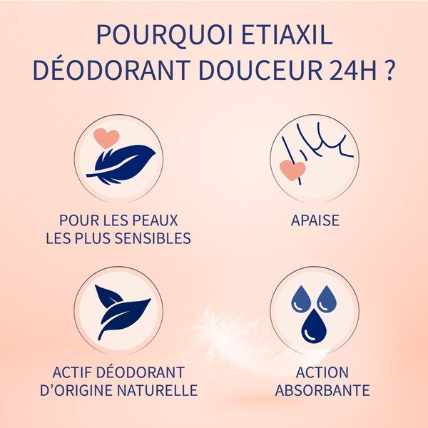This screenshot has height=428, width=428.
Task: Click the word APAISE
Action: point(315,220)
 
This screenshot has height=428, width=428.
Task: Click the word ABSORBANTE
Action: point(322,391)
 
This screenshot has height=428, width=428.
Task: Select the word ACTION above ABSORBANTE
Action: point(322,373)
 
